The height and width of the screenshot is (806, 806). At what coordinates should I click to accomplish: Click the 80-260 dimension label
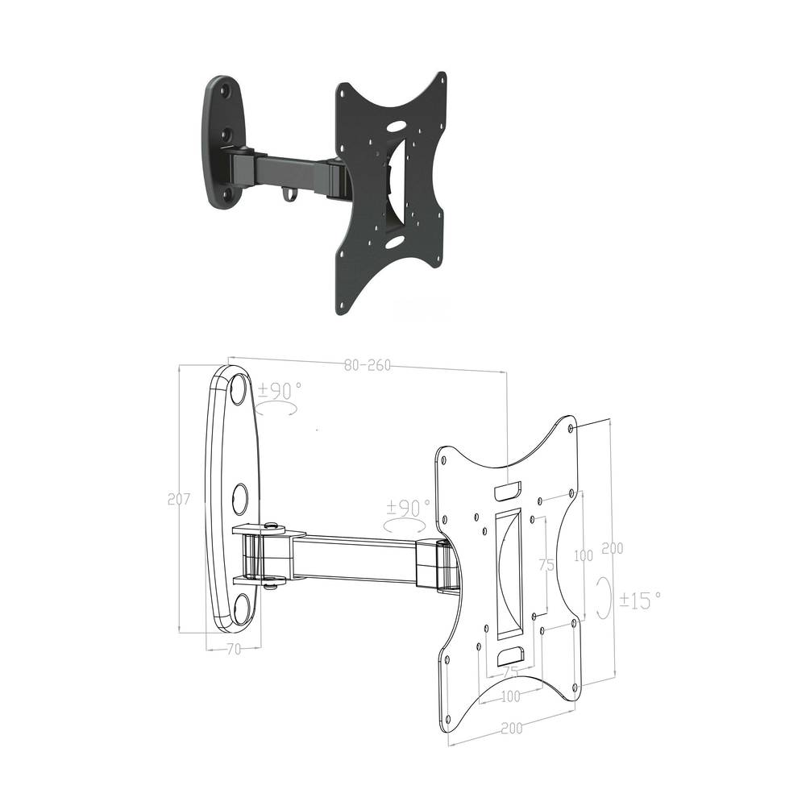[367, 365]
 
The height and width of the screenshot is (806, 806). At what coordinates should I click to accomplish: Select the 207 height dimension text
[178, 499]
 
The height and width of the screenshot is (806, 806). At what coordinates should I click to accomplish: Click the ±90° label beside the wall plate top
[280, 391]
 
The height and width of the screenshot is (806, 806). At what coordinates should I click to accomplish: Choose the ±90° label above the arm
[408, 508]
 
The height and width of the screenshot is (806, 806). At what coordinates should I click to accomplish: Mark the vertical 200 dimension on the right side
[613, 548]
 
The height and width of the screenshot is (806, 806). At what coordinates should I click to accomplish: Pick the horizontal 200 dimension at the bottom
[511, 728]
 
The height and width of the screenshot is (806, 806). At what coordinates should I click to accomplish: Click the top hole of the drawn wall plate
[239, 391]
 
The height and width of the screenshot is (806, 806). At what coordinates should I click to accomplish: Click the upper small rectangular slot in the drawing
[508, 489]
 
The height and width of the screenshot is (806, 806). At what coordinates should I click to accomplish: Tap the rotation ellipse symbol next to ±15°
[603, 597]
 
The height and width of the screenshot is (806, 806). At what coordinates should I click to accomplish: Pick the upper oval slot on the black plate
[396, 127]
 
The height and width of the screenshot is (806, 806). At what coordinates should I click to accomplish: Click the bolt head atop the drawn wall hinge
[272, 526]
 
